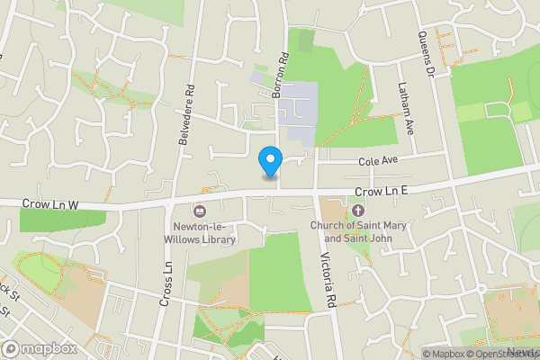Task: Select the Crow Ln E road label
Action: (x=382, y=192)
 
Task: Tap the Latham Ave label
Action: (x=406, y=108)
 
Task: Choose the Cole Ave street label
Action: (x=378, y=161)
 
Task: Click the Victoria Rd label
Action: (x=326, y=279)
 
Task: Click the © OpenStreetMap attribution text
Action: (x=503, y=354)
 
